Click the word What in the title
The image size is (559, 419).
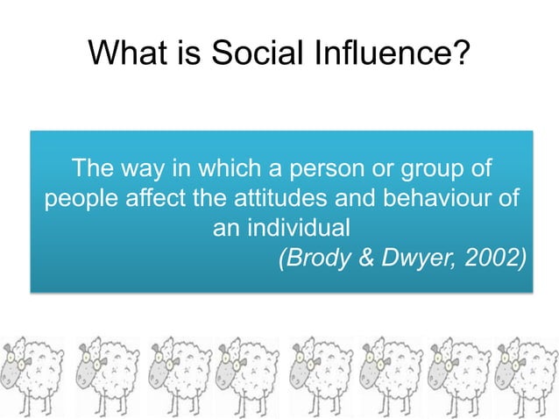click(130, 57)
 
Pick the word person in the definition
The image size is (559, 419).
click(333, 167)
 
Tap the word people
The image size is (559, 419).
click(79, 197)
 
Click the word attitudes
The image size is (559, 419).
click(273, 197)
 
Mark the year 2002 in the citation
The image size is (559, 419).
click(491, 258)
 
